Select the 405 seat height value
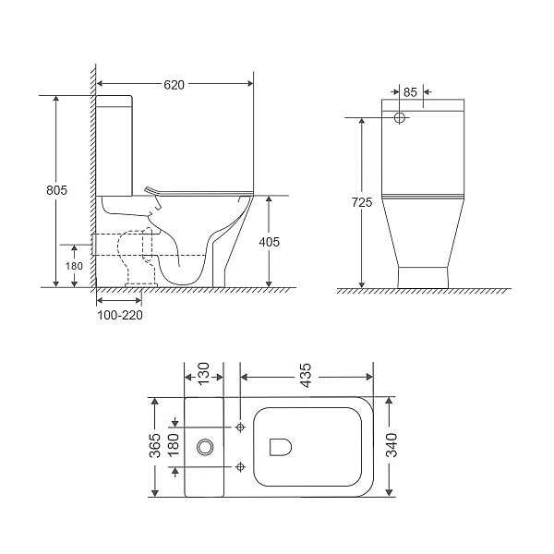point(269,241)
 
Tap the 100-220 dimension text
point(121,315)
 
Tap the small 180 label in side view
point(73,267)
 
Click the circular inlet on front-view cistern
point(401,118)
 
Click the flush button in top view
point(205,448)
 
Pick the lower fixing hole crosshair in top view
point(240,465)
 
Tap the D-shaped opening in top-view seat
point(280,447)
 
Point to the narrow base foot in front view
point(423,276)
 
